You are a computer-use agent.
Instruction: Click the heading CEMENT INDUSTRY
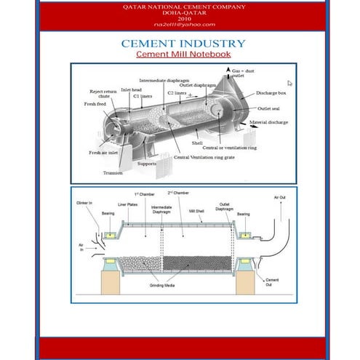point(180,44)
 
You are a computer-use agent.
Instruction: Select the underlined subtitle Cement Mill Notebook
point(180,55)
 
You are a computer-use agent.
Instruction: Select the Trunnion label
point(113,173)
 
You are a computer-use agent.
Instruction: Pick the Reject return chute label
point(100,94)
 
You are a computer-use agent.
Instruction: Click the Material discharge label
point(268,122)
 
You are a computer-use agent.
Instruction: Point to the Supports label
point(147,164)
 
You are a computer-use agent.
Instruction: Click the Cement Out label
point(272,281)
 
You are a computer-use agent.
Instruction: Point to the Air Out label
point(279,197)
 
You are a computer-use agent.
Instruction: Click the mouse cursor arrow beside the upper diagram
point(289,84)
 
